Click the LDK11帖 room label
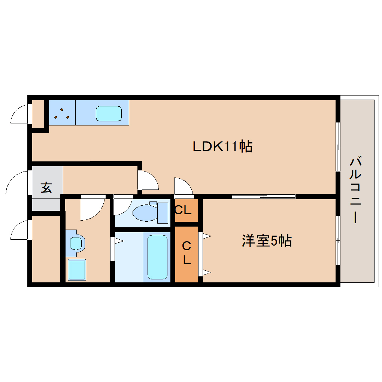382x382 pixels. tap(222, 146)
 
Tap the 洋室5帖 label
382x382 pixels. tap(267, 241)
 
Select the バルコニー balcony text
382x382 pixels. tap(356, 190)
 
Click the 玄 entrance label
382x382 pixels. tap(46, 187)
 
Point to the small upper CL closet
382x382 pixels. tap(186, 210)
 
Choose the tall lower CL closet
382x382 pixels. tap(187, 254)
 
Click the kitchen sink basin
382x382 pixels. tap(109, 113)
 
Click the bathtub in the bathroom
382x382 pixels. tap(157, 257)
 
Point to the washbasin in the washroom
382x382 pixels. tap(76, 243)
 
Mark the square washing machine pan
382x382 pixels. tap(77, 269)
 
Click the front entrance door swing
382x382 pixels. tap(17, 184)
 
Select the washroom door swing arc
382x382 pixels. tap(91, 208)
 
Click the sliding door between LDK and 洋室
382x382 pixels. tap(264, 196)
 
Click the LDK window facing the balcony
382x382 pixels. tap(338, 146)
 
